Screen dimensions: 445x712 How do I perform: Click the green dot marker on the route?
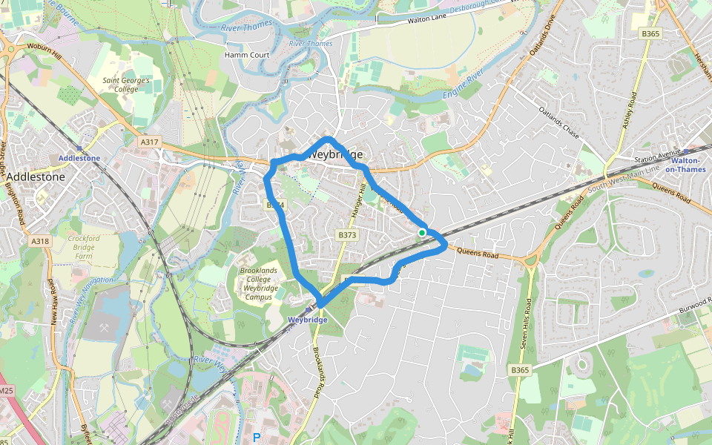click(x=422, y=233)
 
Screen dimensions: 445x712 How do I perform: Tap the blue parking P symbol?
click(x=257, y=438)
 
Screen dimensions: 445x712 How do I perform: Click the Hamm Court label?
click(x=246, y=55)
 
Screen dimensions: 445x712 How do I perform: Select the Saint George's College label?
click(x=127, y=84)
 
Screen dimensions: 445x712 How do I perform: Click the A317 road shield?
click(x=149, y=142)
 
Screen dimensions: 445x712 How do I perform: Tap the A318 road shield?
click(x=41, y=241)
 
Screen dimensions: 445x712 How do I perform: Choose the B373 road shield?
click(x=347, y=235)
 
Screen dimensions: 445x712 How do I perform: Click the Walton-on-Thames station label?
click(x=685, y=164)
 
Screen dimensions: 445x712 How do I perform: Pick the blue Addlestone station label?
click(x=79, y=159)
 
